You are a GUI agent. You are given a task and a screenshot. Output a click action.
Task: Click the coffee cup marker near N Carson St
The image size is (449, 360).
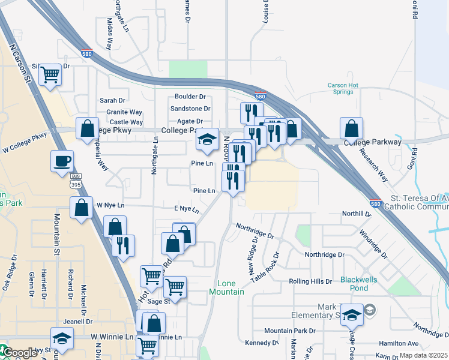[62, 161]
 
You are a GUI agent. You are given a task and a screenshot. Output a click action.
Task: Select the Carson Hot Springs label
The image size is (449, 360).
[344, 89]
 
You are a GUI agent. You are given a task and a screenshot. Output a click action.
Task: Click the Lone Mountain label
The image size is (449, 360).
[226, 287]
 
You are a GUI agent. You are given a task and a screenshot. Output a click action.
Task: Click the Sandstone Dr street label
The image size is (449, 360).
[190, 109]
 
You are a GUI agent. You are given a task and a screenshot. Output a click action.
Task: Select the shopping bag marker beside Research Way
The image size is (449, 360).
[351, 128]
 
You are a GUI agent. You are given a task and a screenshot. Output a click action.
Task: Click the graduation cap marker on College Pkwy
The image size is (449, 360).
[207, 140]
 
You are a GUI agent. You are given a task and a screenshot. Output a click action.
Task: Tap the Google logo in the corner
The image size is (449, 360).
[19, 353]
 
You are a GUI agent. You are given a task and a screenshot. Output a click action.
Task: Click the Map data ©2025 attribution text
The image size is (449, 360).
[423, 355]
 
